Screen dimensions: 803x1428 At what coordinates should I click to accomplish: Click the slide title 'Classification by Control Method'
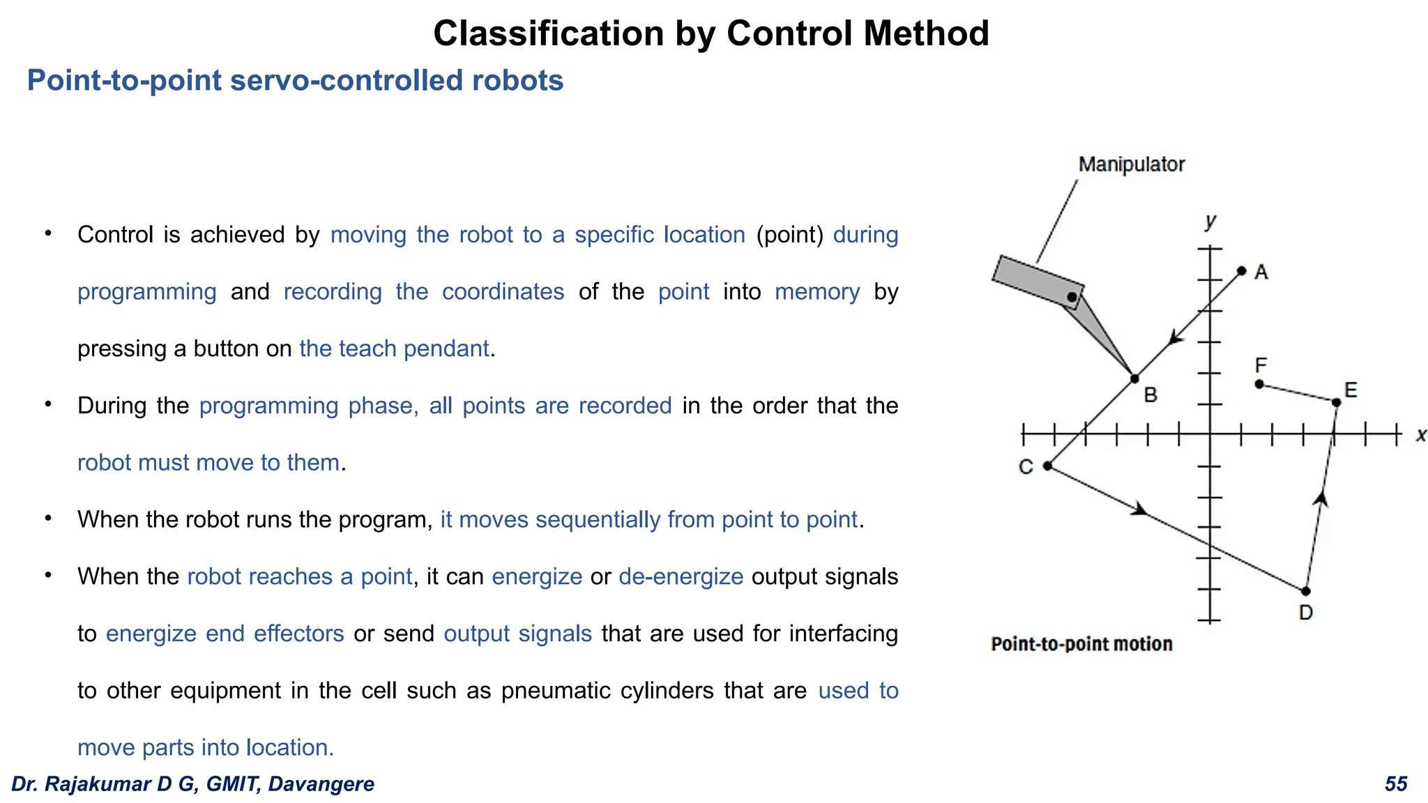[x=711, y=33]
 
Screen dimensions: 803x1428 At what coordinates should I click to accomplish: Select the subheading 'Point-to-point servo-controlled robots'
[x=295, y=81]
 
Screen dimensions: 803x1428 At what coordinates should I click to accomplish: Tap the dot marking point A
[x=1242, y=270]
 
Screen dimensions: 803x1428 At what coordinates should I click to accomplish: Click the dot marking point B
[x=1134, y=378]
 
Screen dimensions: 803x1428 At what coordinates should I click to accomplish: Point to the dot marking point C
[x=1047, y=466]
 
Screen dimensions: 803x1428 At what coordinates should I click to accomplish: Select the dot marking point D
[x=1305, y=591]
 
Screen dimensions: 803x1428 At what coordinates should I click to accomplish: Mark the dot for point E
[x=1336, y=402]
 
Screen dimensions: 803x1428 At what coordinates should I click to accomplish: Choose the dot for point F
[x=1259, y=384]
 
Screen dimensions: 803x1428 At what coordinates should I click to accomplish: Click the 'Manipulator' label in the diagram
[x=1131, y=165]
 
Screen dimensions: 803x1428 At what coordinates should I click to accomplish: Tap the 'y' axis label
[x=1210, y=221]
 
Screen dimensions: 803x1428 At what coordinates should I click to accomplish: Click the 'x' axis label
[x=1420, y=436]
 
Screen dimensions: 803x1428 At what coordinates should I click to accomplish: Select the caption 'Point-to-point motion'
[x=1081, y=644]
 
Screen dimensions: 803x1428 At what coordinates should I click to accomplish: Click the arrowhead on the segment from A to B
[x=1176, y=338]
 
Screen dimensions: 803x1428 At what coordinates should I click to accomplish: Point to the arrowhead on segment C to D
[x=1140, y=510]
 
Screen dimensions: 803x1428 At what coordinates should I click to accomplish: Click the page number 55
[x=1396, y=784]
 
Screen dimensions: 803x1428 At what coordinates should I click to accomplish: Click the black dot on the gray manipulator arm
[x=1072, y=298]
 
